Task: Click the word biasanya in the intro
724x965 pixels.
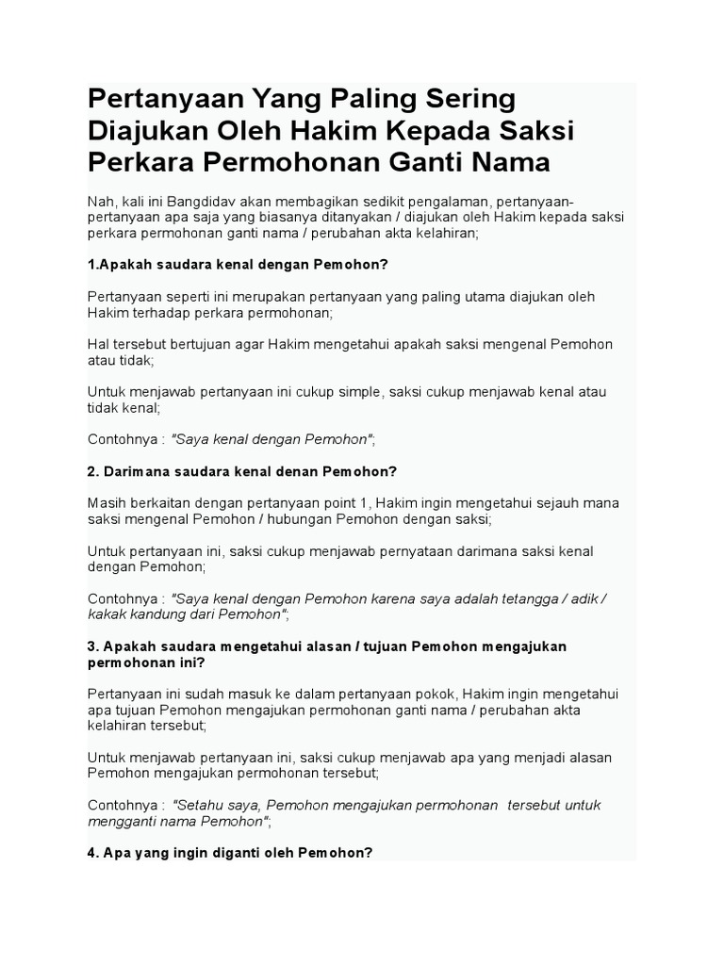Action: (x=272, y=217)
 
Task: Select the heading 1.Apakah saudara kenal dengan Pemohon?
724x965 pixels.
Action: (x=238, y=264)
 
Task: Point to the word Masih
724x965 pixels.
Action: (x=106, y=503)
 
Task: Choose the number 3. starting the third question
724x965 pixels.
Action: (x=93, y=646)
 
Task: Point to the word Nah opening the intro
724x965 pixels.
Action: (x=100, y=200)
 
